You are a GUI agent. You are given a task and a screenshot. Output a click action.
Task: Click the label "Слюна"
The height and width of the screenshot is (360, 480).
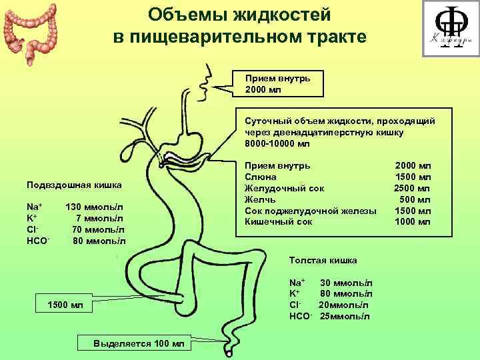tap(259, 177)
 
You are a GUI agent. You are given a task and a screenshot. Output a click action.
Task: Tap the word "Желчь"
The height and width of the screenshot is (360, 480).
tap(260, 199)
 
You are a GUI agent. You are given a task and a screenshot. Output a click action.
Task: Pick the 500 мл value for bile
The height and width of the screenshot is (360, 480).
tap(415, 199)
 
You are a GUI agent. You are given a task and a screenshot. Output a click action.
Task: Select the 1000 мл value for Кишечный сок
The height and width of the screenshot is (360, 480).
tap(413, 222)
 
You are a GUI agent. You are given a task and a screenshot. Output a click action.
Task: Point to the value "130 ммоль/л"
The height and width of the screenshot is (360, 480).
tap(95, 207)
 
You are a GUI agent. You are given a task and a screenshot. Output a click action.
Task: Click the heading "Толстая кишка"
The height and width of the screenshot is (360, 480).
tap(323, 260)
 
